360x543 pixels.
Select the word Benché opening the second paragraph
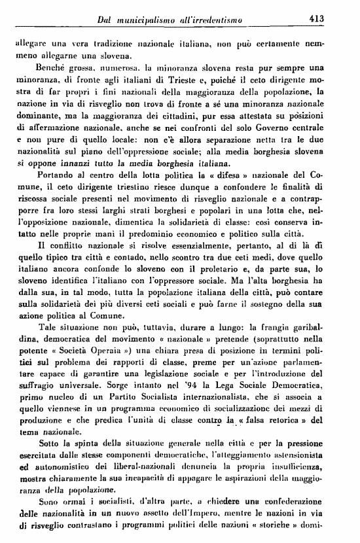[45, 67]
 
